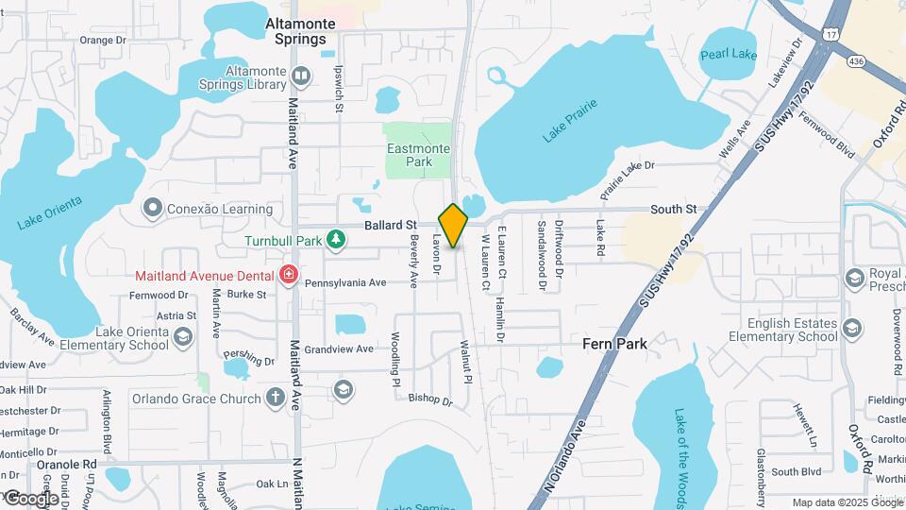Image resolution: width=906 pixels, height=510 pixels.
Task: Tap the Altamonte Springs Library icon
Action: click(301, 76)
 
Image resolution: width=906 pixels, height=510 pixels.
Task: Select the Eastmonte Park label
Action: click(418, 155)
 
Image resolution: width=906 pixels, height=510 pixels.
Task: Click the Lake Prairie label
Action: click(571, 124)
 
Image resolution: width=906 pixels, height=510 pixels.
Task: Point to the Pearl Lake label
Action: click(729, 55)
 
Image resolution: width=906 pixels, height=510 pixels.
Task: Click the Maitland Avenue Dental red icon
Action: click(289, 276)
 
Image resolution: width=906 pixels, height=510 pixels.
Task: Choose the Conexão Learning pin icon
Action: click(152, 208)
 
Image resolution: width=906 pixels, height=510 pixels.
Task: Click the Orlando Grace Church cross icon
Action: click(275, 398)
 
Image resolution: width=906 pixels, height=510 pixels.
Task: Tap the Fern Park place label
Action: click(614, 344)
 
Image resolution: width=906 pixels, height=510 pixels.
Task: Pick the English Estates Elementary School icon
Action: click(852, 329)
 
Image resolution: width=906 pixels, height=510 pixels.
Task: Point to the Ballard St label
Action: click(391, 226)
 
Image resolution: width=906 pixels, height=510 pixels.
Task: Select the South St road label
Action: click(674, 209)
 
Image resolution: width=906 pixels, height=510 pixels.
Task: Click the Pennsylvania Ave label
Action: click(346, 282)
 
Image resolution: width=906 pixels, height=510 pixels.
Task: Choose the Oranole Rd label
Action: click(67, 465)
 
